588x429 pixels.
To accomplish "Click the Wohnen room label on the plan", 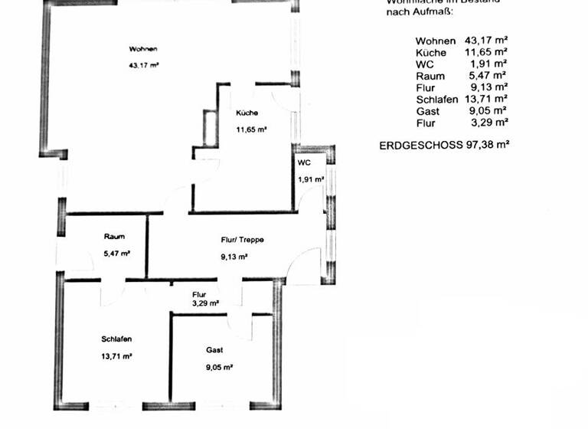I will tap(143, 49).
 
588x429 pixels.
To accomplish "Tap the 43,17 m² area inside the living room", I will tap(144, 65).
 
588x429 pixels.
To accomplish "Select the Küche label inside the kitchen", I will tap(247, 113).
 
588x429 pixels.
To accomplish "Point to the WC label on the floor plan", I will tap(304, 163).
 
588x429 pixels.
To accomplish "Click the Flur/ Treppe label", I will tap(242, 240).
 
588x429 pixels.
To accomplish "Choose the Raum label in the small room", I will tap(114, 237).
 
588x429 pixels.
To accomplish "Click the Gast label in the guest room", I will tap(214, 350).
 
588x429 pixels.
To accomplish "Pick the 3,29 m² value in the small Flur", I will tap(206, 303).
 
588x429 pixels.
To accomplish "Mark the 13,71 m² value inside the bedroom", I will tap(117, 356).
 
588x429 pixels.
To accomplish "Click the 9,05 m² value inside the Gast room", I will tap(219, 367).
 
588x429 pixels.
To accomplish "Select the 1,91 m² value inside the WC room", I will tap(311, 180).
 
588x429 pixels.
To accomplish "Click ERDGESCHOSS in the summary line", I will tap(421, 144).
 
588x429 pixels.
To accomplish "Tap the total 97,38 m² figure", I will tap(488, 144).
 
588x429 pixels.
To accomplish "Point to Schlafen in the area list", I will tap(437, 100).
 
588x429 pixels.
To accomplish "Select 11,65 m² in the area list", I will tap(486, 52).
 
